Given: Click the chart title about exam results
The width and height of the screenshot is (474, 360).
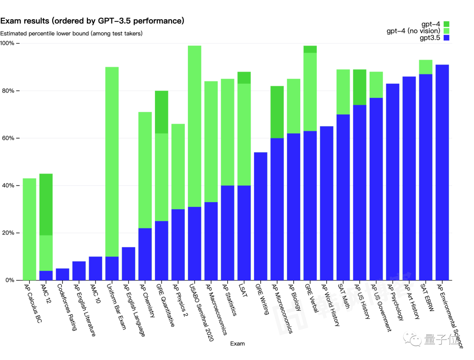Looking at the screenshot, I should click(92, 21).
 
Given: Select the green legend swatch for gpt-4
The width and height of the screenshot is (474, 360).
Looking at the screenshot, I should click(447, 24).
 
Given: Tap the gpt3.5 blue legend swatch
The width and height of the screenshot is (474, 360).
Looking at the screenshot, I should click(447, 38).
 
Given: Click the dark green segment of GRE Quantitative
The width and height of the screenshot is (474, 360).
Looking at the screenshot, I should click(162, 112).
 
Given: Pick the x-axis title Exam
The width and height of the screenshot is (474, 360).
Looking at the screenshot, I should click(237, 344).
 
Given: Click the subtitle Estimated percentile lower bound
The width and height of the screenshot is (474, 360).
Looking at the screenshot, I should click(71, 33).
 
